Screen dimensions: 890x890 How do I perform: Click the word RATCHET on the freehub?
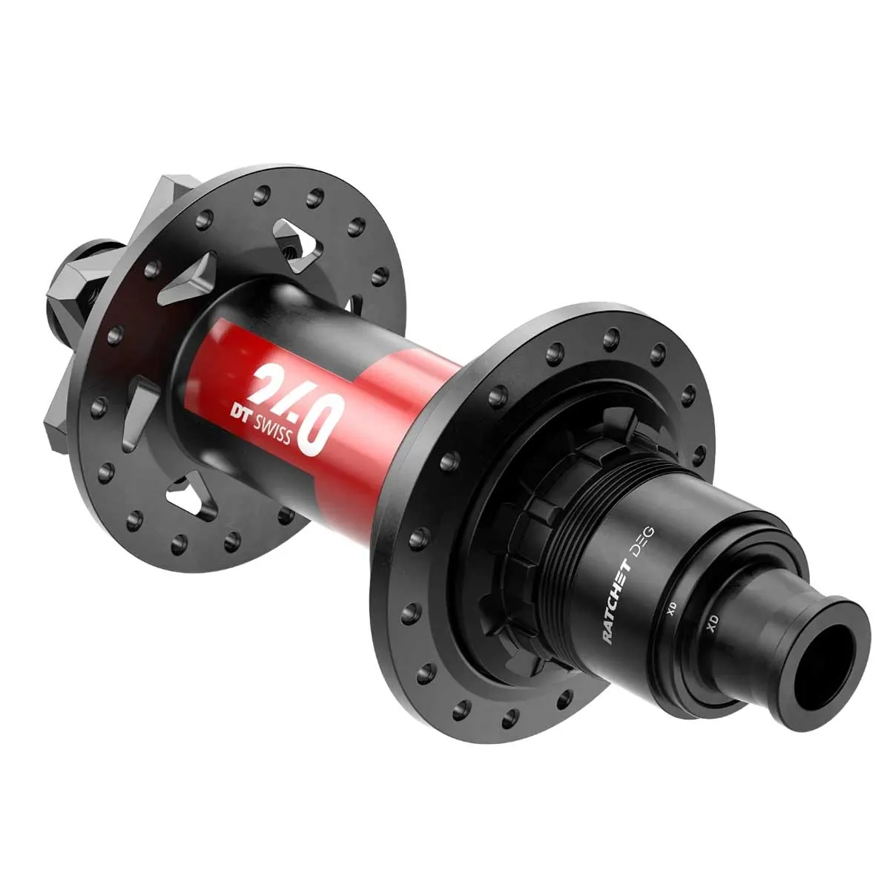tap(619, 600)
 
